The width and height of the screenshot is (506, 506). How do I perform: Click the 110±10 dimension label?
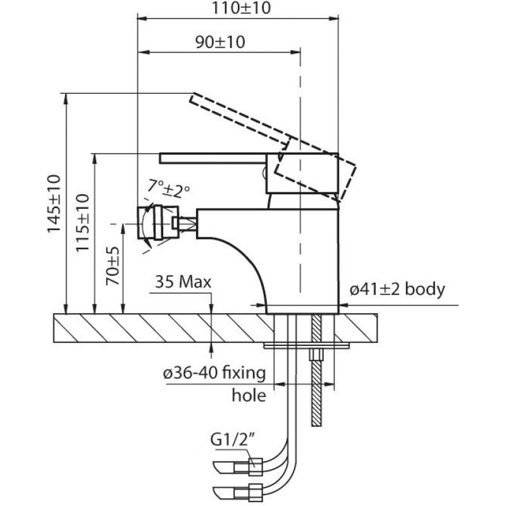[x=241, y=8]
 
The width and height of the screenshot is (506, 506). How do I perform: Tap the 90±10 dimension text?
[x=220, y=42]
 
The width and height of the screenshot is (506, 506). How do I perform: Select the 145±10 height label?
[x=54, y=203]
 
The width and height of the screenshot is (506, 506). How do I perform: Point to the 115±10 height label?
[x=82, y=223]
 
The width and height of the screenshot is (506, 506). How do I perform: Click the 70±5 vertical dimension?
[x=113, y=266]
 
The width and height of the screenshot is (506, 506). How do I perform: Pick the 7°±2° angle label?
[x=169, y=188]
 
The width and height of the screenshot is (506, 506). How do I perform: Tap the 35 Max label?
[x=183, y=282]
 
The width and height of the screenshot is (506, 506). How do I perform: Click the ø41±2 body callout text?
[x=397, y=289]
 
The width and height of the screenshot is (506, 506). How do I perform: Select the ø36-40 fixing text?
[x=214, y=374]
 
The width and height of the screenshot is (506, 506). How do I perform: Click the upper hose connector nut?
[x=256, y=467]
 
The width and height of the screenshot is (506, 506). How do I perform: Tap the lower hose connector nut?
[x=256, y=493]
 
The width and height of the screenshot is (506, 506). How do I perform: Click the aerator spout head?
[x=157, y=223]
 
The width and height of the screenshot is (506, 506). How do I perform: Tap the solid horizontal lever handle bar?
[x=213, y=158]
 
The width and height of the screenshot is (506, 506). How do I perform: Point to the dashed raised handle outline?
[x=273, y=146]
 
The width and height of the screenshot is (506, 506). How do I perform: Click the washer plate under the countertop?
[x=306, y=346]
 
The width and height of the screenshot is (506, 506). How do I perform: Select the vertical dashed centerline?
[x=300, y=171]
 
